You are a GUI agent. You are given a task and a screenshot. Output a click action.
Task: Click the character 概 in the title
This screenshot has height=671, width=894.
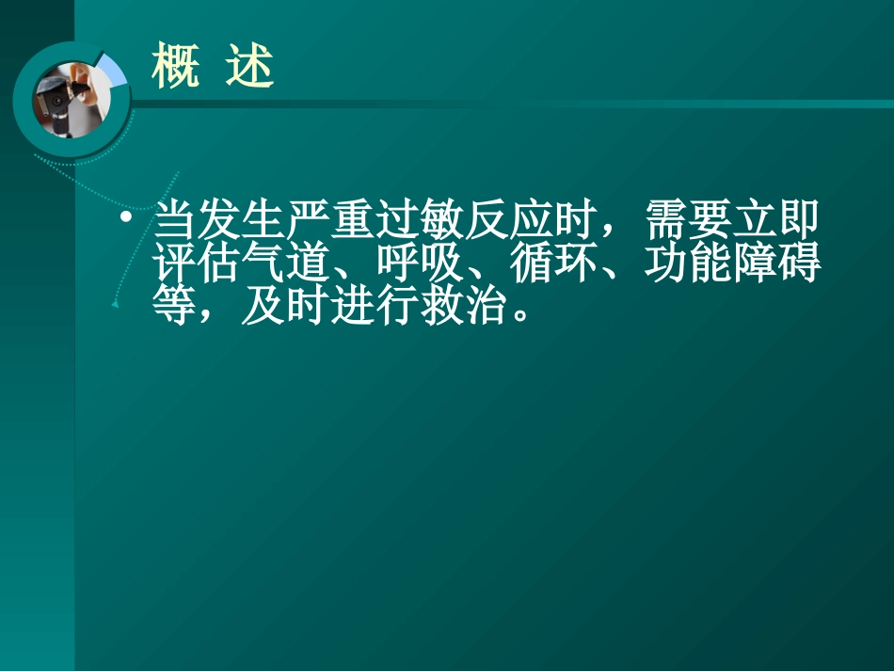(176, 68)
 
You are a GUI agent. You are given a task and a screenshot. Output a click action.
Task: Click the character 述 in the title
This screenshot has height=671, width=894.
(249, 68)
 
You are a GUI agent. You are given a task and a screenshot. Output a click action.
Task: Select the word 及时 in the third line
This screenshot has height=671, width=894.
(287, 307)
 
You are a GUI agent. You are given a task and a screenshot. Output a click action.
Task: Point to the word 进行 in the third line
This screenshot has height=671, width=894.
(376, 307)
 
